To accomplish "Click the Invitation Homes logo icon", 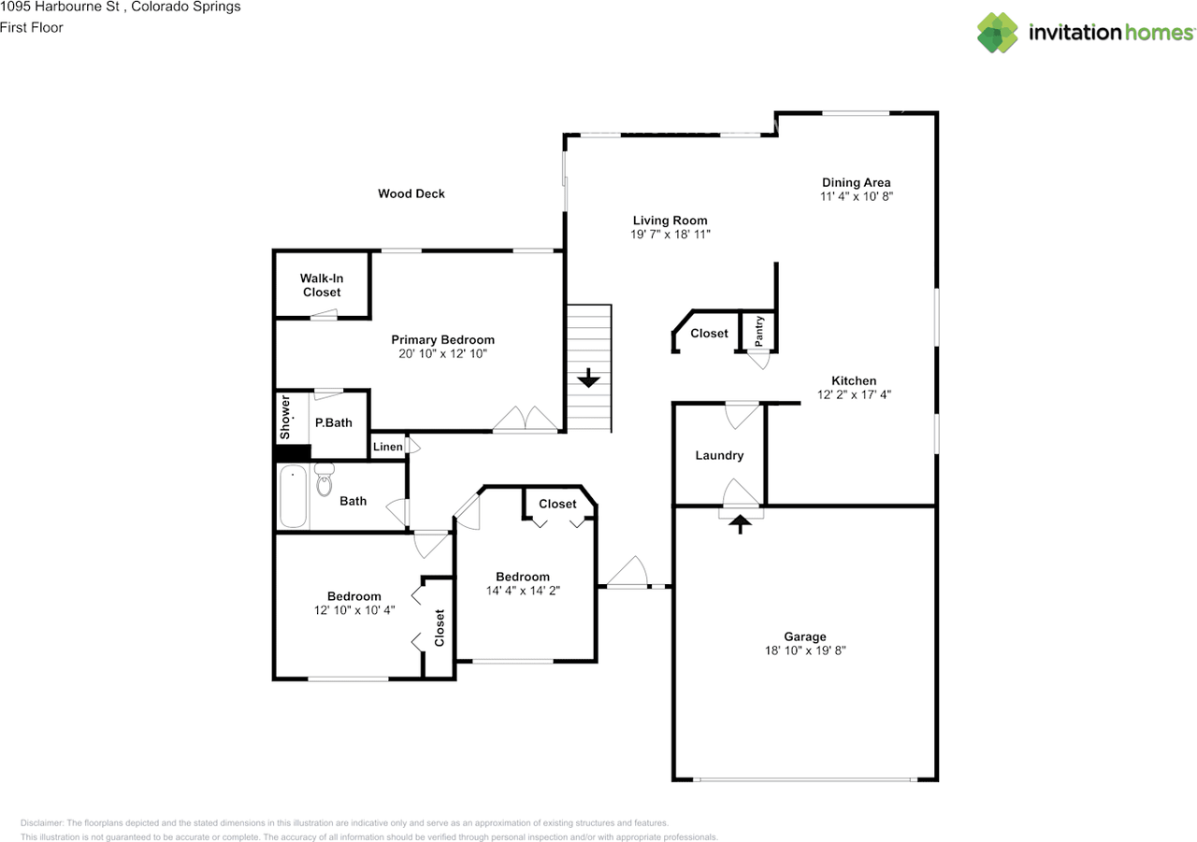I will [998, 33].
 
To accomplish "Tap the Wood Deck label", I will [411, 193].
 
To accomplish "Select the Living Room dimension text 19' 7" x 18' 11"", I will [671, 235].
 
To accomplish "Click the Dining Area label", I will [856, 182].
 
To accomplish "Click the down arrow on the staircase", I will [588, 378].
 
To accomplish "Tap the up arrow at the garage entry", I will [741, 524].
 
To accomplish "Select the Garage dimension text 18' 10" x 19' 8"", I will [805, 650].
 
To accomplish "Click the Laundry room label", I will [719, 455].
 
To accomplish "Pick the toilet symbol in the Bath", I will [324, 480].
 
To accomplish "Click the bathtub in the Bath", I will [293, 497].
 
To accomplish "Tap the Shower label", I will [286, 418].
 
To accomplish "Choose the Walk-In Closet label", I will [321, 285].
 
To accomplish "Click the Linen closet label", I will [387, 447].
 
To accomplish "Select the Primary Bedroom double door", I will [526, 421].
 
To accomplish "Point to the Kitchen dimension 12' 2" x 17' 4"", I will [854, 394].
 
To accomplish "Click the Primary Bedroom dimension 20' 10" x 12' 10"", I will [442, 353].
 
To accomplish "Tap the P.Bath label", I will [333, 422].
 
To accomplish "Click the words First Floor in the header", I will [32, 27].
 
